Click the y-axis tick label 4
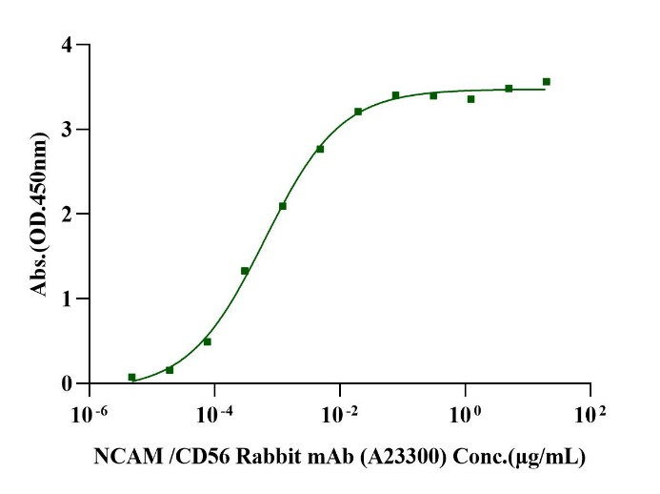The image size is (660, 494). click(66, 45)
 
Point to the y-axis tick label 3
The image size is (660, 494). click(66, 130)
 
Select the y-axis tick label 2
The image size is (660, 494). click(66, 215)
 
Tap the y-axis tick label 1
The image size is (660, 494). click(66, 299)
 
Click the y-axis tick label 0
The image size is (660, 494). click(66, 384)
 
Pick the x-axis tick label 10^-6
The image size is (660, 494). click(88, 415)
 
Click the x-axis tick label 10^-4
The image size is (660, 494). click(213, 415)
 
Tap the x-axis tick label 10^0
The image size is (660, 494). click(464, 415)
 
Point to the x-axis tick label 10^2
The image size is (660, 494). click(590, 415)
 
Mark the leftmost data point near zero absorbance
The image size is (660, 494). click(131, 378)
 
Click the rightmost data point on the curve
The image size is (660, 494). click(546, 82)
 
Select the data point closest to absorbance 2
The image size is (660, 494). click(282, 206)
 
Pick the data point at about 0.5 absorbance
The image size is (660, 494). click(207, 341)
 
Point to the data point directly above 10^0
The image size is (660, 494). click(470, 99)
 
